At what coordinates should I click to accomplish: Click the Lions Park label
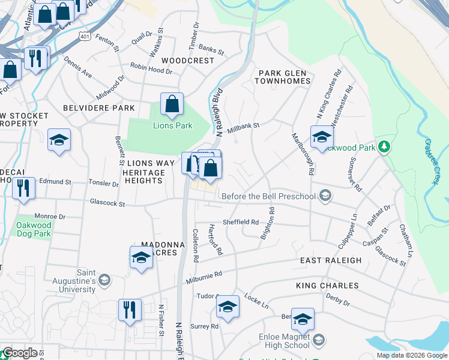172,125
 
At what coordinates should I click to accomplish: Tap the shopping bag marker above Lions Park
172,104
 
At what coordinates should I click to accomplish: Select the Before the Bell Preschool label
270,196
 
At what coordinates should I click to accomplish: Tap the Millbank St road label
243,126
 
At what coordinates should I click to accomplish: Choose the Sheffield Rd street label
240,221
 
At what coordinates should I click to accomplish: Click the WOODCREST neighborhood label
187,61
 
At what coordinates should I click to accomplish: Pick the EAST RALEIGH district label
331,260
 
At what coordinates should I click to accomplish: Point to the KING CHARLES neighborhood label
327,286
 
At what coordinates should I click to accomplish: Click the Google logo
19,353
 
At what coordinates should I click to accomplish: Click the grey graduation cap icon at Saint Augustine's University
104,280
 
